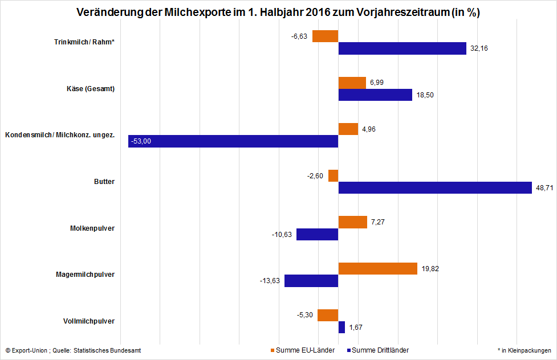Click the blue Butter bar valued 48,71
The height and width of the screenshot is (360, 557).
(x=435, y=188)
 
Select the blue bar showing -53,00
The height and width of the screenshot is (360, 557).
(x=233, y=141)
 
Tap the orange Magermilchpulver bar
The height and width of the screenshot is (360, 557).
(x=378, y=269)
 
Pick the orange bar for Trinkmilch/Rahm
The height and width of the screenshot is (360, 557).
(x=326, y=36)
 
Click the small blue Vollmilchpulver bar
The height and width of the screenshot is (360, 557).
(x=341, y=328)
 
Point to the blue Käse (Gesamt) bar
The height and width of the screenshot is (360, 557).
(x=375, y=95)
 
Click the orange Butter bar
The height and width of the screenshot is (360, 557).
(x=334, y=176)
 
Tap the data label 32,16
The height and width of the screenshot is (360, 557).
(x=479, y=49)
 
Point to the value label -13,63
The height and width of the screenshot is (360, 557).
(x=271, y=281)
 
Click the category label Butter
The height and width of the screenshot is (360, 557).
(x=104, y=182)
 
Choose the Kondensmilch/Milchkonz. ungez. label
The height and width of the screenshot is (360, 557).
(x=60, y=135)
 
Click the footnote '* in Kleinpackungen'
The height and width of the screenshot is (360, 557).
(x=524, y=350)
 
